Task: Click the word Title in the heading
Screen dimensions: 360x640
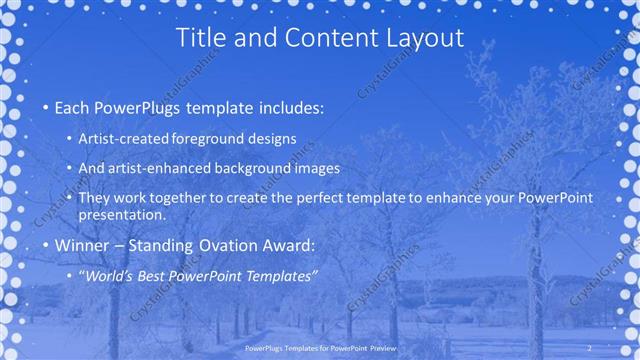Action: coord(198,39)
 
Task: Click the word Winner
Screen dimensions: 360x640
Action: coord(80,245)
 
